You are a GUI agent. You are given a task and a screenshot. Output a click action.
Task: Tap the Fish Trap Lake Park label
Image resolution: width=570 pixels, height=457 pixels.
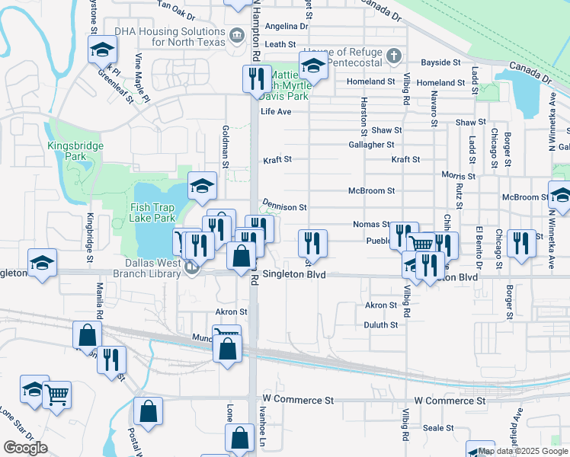pos(152,211)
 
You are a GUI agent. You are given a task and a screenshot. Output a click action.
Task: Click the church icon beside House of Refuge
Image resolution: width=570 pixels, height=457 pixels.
pos(393,55)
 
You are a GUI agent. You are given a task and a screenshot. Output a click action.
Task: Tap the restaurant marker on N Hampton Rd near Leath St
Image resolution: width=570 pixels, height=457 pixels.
pos(255,78)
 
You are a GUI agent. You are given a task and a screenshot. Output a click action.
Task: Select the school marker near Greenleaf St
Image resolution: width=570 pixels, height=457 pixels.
pos(101,50)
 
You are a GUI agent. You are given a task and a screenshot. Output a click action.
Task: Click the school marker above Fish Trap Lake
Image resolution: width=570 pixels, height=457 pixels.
pos(202,185)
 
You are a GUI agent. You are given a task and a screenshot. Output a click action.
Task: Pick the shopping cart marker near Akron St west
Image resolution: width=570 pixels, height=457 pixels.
pos(226,334)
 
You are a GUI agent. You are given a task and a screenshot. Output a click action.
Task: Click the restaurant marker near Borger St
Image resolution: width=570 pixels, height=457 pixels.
pos(521,243)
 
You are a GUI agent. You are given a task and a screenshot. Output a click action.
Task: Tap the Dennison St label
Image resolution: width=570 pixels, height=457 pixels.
pos(284,206)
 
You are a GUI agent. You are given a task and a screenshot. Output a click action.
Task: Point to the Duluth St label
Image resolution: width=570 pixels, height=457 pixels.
pos(381,324)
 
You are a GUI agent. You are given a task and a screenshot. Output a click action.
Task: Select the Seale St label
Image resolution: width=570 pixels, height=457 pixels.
pos(438,428)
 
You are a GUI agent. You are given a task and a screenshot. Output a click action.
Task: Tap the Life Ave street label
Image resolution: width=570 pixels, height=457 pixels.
pos(277,111)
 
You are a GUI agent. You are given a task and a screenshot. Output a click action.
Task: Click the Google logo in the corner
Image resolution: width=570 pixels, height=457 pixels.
pos(25,447)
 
